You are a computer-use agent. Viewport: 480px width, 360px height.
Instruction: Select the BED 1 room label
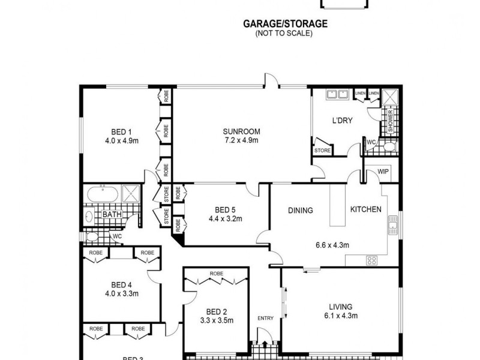pyautogui.click(x=121, y=133)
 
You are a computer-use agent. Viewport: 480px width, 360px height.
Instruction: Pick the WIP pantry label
pyautogui.click(x=383, y=172)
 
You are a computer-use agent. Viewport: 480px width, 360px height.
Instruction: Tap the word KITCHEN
pyautogui.click(x=366, y=209)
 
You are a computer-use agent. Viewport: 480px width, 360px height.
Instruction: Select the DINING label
pyautogui.click(x=301, y=211)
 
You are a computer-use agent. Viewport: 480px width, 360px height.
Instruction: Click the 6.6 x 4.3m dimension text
pyautogui.click(x=332, y=245)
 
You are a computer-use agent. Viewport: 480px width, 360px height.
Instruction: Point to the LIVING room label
pyautogui.click(x=340, y=306)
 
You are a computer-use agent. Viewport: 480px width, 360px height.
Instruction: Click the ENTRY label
pyautogui.click(x=265, y=318)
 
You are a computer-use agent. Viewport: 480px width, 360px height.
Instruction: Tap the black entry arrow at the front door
pyautogui.click(x=265, y=344)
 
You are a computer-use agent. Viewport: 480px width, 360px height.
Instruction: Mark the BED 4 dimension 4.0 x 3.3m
pyautogui.click(x=122, y=294)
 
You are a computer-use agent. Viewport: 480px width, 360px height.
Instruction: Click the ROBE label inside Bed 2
pyautogui.click(x=216, y=274)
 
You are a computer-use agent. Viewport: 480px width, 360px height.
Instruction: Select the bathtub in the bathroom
pyautogui.click(x=101, y=194)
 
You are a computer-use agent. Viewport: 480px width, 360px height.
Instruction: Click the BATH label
pyautogui.click(x=112, y=214)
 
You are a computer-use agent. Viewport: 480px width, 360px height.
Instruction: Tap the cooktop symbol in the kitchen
pyautogui.click(x=371, y=260)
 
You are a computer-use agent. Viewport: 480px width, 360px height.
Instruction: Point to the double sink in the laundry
pyautogui.click(x=336, y=94)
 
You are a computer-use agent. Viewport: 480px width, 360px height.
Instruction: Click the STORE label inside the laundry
pyautogui.click(x=322, y=151)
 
